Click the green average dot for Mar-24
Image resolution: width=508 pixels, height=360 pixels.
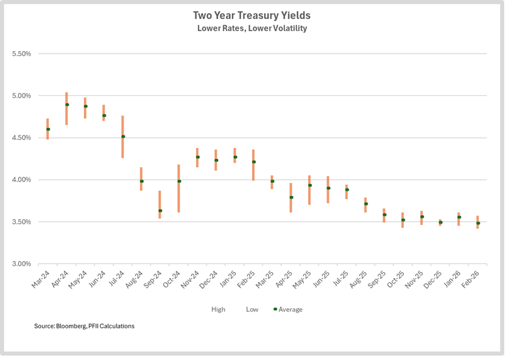48,129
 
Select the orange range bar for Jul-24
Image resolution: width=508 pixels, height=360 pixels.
123,137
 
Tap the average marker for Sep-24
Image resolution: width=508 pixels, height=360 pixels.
160,211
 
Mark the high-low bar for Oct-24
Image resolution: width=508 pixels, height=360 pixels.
179,188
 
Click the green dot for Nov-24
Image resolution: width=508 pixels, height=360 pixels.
197,157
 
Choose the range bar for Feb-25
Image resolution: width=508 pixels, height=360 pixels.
253,165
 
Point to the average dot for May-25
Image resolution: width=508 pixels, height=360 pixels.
309,185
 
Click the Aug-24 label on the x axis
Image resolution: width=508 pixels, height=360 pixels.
136,277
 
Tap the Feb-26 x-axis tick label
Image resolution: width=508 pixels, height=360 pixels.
472,277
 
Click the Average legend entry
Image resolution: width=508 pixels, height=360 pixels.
291,310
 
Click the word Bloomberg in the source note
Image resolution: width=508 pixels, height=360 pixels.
69,326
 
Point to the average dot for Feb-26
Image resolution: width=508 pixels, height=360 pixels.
478,223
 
